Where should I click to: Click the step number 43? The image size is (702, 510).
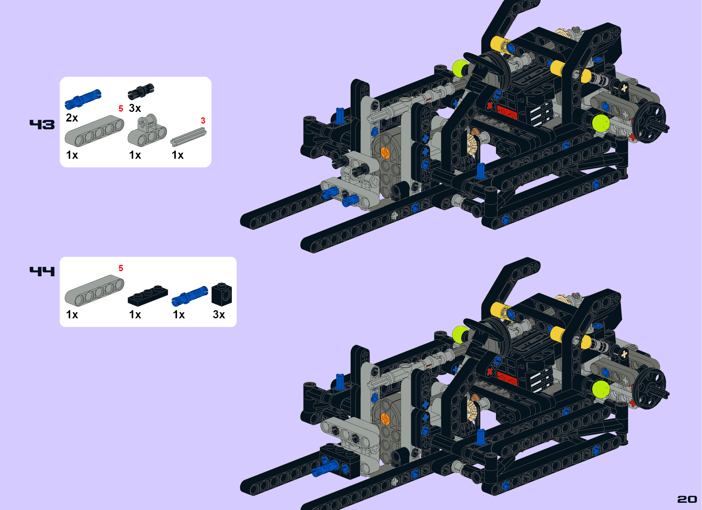pos(42,124)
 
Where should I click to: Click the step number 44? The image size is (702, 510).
pos(42,271)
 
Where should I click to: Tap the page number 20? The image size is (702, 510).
pos(687,499)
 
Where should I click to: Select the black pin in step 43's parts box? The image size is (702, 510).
pos(141,91)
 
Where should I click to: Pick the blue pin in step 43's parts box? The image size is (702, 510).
pos(82,99)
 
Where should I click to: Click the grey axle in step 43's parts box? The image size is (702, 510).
pos(188,137)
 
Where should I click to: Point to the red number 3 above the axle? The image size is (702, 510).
pos(203,120)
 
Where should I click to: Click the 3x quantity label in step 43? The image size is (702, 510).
pos(135,108)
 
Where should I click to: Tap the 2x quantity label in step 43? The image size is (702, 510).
pos(72,118)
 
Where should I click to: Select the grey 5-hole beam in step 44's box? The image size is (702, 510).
pos(94,290)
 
